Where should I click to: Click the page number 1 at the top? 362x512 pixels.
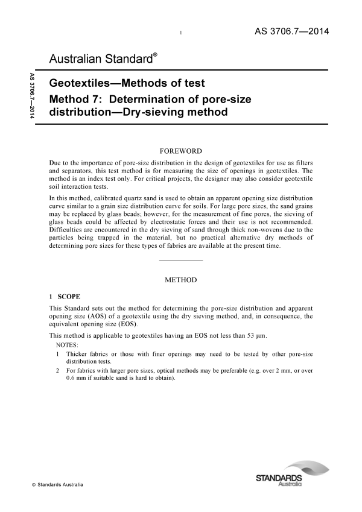pyautogui.click(x=181, y=33)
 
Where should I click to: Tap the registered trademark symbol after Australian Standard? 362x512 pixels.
pyautogui.click(x=155, y=55)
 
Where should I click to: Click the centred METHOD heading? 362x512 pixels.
pyautogui.click(x=180, y=280)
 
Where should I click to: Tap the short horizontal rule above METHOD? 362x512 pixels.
pyautogui.click(x=180, y=261)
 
